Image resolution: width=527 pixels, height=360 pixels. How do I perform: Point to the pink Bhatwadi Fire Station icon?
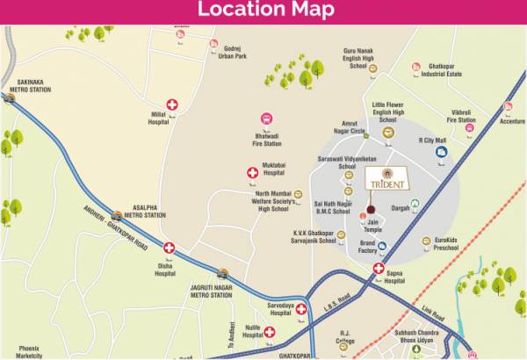(x=266, y=119)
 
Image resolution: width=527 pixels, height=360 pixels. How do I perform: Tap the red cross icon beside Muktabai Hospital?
(x=253, y=174)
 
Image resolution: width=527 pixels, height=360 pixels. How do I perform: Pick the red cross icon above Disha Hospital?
(x=170, y=248)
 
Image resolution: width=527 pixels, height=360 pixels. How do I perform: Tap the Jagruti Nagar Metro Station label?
(x=211, y=291)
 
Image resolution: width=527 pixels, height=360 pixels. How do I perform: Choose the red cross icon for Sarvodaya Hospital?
(x=301, y=308)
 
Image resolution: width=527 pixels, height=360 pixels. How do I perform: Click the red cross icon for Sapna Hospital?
(x=379, y=269)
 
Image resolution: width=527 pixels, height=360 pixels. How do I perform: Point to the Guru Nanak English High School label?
(x=357, y=58)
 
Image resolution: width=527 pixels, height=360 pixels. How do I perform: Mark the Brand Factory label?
(x=368, y=247)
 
